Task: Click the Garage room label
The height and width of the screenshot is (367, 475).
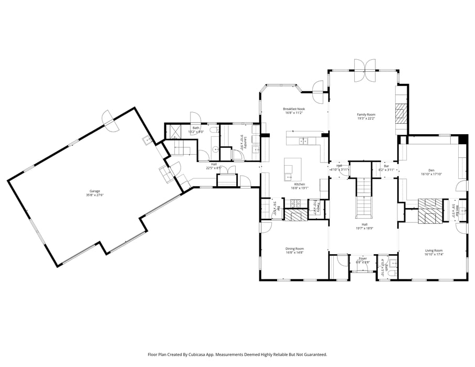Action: point(94,191)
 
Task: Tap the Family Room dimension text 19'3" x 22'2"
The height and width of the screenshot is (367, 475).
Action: point(366,118)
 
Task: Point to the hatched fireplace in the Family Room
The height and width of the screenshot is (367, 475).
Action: point(401,113)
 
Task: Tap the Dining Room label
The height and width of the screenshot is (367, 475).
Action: point(294,249)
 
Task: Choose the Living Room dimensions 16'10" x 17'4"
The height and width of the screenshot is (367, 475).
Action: point(434,254)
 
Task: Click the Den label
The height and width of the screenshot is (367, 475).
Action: point(431,170)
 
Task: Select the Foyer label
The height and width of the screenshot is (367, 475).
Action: point(363,258)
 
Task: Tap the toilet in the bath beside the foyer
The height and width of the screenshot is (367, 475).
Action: point(393,264)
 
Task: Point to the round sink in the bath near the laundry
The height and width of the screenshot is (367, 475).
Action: point(215,149)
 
